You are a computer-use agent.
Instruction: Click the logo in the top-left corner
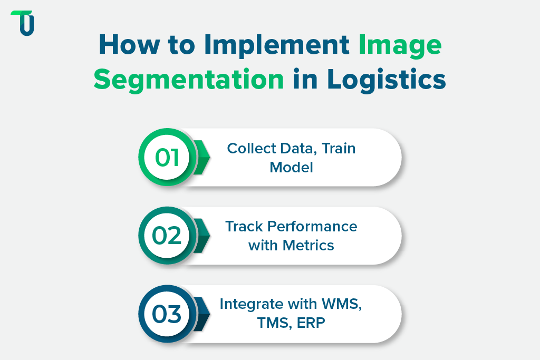point(22,23)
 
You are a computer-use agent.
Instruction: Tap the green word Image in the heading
point(400,46)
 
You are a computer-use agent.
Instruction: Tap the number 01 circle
point(167,157)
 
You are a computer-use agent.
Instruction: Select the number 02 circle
point(167,236)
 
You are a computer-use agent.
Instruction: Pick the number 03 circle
point(167,314)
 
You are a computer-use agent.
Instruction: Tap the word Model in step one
point(291,167)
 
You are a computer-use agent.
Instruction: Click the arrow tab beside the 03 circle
point(202,314)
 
